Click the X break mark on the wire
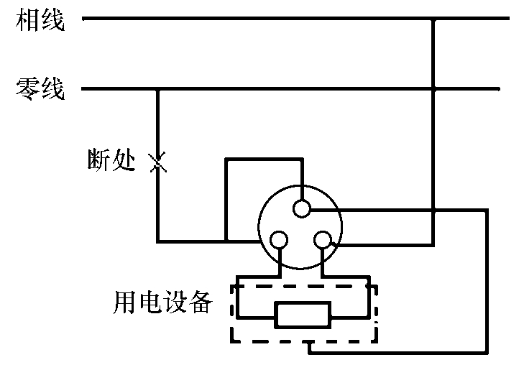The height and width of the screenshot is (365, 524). tap(157, 163)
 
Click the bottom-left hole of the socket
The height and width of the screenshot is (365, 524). tap(278, 240)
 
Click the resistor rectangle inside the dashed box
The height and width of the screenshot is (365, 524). tap(302, 315)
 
